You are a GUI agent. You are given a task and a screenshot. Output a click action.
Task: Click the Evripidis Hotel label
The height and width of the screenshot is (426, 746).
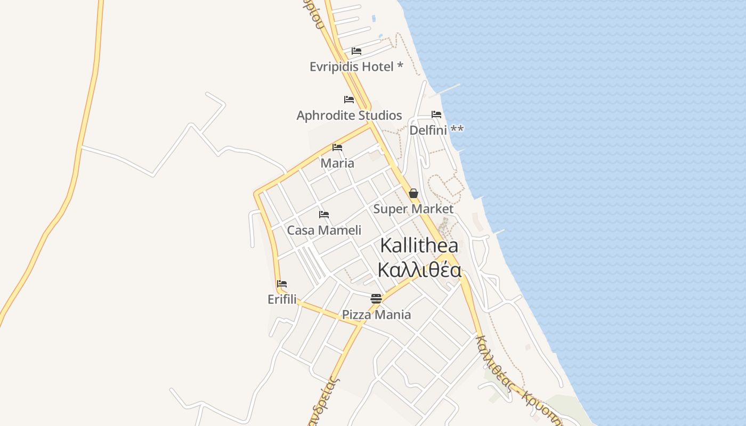point(356,67)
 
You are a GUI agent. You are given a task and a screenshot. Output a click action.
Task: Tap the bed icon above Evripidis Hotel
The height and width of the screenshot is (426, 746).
point(356,51)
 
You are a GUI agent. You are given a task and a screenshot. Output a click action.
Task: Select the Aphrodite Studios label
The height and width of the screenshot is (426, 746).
point(349,116)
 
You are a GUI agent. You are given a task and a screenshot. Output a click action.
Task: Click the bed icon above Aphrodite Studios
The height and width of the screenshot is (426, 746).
point(349,100)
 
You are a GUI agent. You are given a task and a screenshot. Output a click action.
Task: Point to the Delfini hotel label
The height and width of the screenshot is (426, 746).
point(428,130)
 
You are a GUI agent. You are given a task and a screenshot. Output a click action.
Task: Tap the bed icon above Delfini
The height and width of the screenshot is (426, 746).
point(436,114)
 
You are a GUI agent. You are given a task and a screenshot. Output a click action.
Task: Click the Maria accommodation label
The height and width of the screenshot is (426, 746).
point(337,163)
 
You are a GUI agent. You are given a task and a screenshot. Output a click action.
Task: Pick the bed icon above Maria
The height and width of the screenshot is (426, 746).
point(337,148)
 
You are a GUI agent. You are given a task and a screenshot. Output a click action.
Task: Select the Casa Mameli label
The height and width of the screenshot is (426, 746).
point(324,230)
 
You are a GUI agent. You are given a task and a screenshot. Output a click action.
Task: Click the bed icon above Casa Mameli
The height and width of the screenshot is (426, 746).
point(324,215)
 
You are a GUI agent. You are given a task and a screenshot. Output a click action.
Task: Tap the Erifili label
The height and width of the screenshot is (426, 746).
point(282,299)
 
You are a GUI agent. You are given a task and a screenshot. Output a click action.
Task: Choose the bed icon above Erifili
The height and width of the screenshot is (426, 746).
point(282,284)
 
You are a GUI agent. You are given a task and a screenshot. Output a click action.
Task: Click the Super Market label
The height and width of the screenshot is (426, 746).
point(413,209)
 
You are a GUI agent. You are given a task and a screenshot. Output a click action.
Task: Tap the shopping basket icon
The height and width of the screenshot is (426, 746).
point(413,193)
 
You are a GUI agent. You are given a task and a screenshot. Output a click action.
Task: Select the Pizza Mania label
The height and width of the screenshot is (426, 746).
point(376,315)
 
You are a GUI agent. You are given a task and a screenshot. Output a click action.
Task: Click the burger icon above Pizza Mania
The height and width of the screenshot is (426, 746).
point(376,299)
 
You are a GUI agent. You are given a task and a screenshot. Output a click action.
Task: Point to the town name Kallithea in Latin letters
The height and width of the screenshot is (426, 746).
point(419,245)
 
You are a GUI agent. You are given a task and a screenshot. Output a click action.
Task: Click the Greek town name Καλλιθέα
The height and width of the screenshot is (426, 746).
point(419,270)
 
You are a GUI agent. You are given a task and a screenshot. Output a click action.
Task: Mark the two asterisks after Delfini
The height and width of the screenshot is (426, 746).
point(457,129)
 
